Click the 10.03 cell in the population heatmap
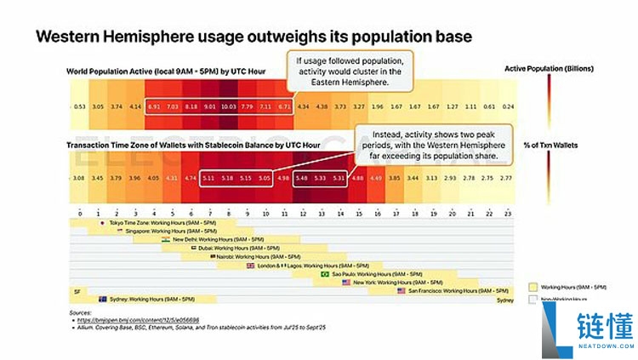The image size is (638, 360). click(x=228, y=106)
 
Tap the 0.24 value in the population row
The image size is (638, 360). click(x=509, y=106)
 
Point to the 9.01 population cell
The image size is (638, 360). click(x=208, y=106)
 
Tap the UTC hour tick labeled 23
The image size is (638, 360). click(x=509, y=212)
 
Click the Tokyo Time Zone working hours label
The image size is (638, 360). click(x=140, y=222)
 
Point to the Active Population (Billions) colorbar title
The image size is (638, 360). click(x=549, y=68)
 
